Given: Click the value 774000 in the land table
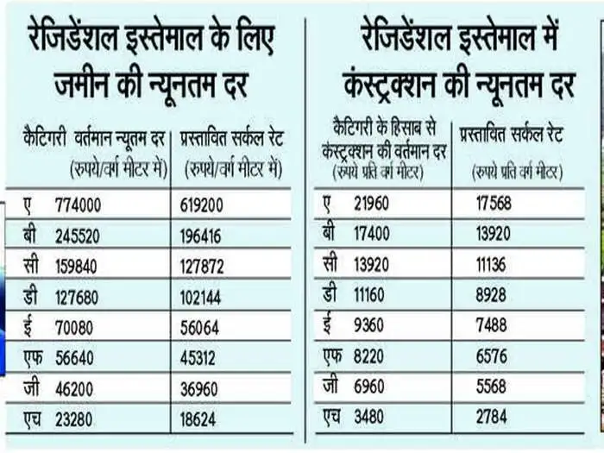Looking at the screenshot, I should coord(78,207).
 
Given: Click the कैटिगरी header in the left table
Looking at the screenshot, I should coord(47,135).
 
